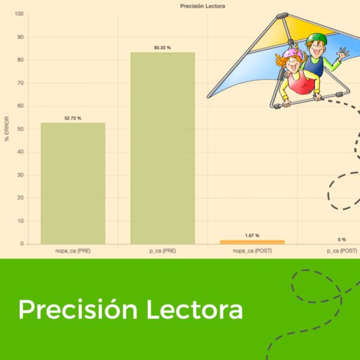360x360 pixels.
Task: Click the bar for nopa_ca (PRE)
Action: pos(73,183)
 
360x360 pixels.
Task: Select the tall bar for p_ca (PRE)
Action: pos(163,148)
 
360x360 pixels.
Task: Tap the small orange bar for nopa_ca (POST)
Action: pos(252,242)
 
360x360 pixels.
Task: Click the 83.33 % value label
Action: pos(163,48)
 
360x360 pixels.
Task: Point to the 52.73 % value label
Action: pos(73,118)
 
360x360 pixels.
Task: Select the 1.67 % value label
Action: pos(252,236)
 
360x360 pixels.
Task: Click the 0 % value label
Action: pos(342,240)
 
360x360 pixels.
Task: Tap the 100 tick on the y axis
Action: pos(19,14)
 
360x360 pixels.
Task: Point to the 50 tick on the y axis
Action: pos(20,129)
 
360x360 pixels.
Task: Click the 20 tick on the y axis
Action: pos(20,198)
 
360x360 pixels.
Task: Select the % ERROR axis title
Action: pos(6,129)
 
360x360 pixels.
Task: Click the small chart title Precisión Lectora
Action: pos(203,6)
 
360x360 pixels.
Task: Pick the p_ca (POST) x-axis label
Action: pos(342,251)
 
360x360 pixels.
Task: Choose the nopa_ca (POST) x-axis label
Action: pos(252,251)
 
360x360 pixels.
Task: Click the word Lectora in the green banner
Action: pos(195,309)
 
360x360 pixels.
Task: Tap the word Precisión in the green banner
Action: pos(78,309)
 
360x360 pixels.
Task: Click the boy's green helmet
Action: pos(317,39)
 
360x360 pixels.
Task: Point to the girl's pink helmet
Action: pos(292,54)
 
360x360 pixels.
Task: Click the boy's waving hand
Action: pos(343,54)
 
